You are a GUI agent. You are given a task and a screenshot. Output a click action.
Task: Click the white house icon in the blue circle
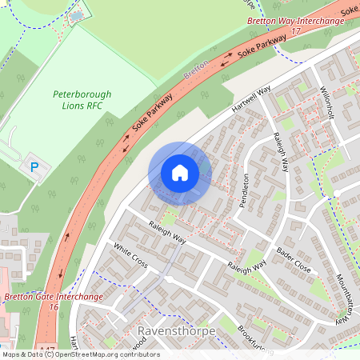click(179, 173)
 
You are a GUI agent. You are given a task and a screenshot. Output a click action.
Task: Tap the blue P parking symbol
click(34, 167)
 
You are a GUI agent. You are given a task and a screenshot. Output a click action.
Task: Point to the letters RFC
click(96, 105)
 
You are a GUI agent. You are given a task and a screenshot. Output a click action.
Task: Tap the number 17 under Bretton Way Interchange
click(296, 30)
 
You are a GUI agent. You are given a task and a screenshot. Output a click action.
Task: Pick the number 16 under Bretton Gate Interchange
click(54, 307)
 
